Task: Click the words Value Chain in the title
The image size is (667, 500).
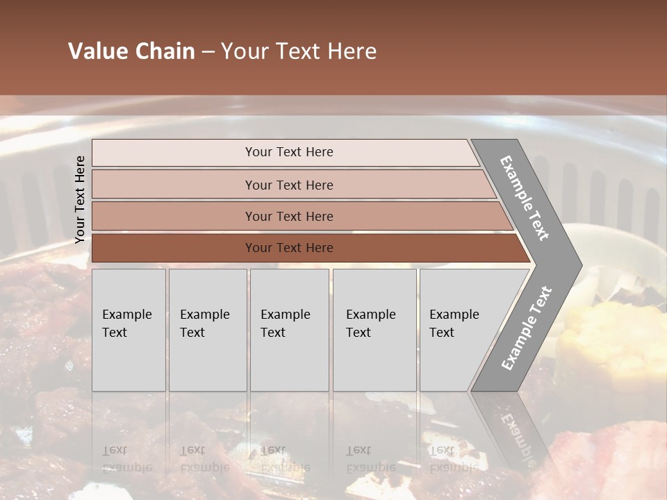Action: (x=131, y=51)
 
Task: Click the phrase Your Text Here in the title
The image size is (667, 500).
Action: (x=299, y=51)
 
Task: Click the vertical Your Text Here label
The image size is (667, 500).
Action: (x=80, y=199)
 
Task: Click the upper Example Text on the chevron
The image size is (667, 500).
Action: (x=525, y=198)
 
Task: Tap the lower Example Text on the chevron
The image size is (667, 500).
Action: (x=527, y=328)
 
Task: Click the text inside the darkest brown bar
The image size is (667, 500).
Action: (x=289, y=248)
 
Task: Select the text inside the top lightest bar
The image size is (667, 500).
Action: (x=289, y=152)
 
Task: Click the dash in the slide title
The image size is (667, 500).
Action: (x=208, y=52)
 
